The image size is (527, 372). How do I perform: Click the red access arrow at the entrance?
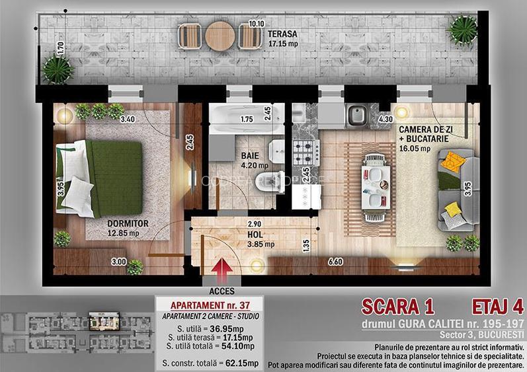[x=223, y=268]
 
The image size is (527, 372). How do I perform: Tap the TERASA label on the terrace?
[x=282, y=32]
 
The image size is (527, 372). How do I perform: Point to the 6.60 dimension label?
[x=337, y=262]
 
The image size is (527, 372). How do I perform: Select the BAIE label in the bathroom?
[x=250, y=157]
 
